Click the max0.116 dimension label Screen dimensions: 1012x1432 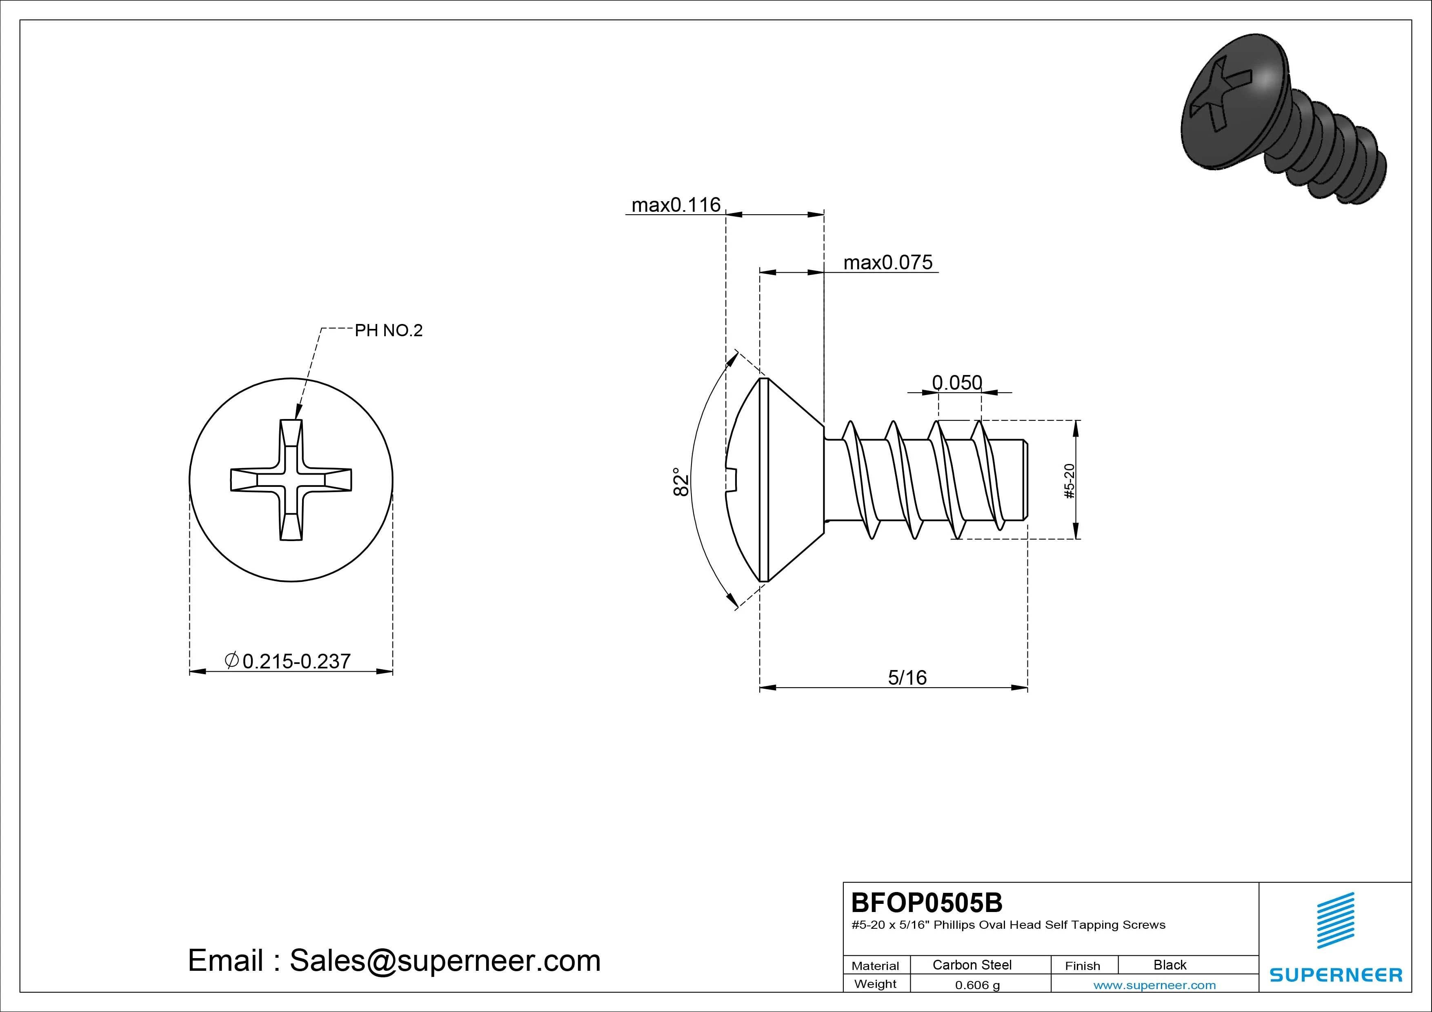(676, 205)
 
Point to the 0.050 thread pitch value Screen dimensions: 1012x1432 (957, 382)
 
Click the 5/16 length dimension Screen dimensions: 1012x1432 (907, 677)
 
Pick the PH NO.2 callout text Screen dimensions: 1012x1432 (389, 331)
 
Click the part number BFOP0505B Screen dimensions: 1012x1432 (927, 902)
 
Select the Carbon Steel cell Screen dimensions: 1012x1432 (972, 965)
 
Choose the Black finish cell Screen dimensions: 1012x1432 (1170, 965)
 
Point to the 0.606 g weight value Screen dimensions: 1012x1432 (977, 985)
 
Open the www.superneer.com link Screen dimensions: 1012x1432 (1154, 985)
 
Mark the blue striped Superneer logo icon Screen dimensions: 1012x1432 (1335, 920)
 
